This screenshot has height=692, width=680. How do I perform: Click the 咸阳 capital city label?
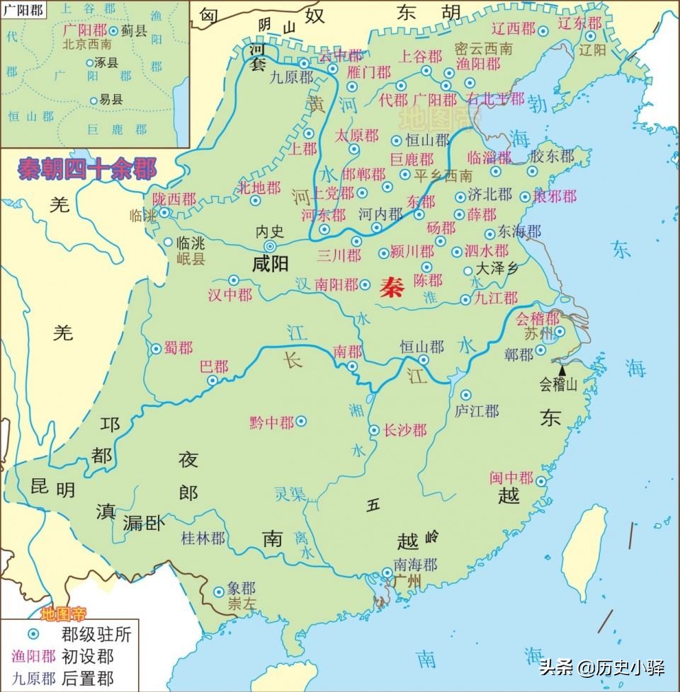[x=270, y=265]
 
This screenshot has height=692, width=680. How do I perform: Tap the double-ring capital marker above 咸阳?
[x=270, y=246]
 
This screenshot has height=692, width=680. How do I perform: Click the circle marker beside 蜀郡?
[x=156, y=348]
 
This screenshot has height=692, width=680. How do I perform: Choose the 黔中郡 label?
[x=271, y=422]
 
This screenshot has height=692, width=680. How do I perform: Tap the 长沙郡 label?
[x=404, y=430]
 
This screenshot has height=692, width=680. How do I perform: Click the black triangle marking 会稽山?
[x=562, y=369]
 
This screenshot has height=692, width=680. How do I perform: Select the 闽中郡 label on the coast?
[x=511, y=478]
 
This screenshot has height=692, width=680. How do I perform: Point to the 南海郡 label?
[x=416, y=564]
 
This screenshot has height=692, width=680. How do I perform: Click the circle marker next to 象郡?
[x=218, y=591]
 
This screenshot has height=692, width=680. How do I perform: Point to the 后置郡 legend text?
[x=87, y=679]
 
